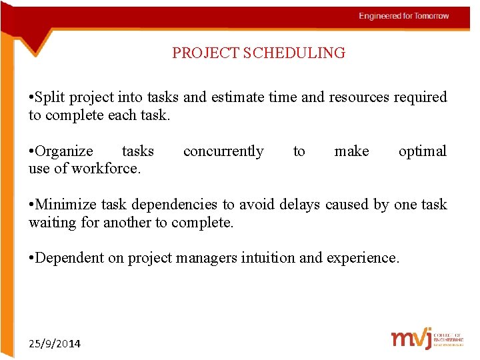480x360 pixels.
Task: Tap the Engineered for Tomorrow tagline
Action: point(404,16)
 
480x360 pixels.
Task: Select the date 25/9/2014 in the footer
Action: point(55,343)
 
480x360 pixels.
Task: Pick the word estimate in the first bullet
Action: point(237,97)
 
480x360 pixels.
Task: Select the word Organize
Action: point(64,151)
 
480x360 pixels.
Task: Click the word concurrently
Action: point(223,151)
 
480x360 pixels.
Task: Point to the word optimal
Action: point(422,151)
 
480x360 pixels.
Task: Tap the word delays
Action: point(300,205)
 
